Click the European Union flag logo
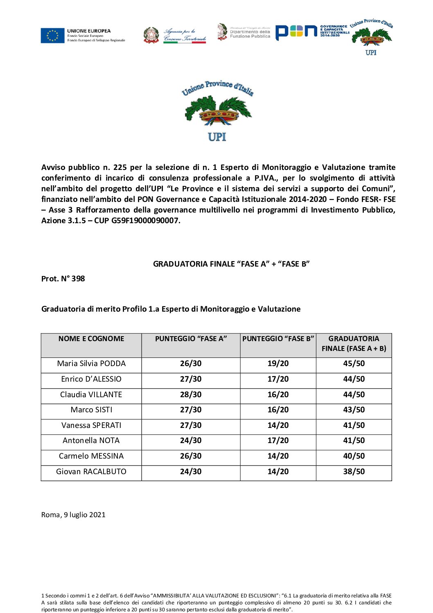coord(52,36)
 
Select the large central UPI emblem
coord(217,111)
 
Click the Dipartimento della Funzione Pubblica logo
coord(244,32)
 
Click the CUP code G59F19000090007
coord(145,221)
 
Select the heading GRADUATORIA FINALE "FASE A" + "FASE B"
coord(231,264)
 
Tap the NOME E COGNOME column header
coord(91,339)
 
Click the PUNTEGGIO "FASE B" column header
coord(278,339)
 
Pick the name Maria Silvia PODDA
coord(91,364)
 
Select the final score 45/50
coord(354,364)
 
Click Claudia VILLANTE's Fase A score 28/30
coord(191,395)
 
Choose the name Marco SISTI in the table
coord(91,410)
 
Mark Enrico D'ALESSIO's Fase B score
coord(278,379)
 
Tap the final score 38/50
coord(354,472)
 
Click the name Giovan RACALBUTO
coord(91,472)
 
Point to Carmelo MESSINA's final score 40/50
coord(354,456)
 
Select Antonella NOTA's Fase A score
coord(191,441)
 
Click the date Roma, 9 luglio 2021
coord(73,515)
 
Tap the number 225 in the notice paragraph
coord(120,167)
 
